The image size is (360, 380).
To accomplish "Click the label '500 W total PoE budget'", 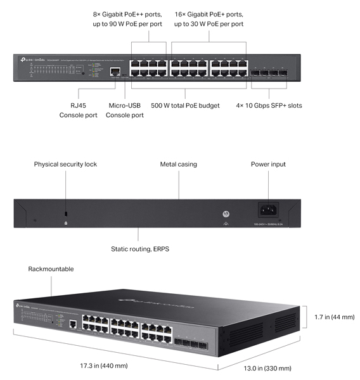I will coord(185,105).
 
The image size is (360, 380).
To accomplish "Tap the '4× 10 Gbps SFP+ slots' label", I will coord(269,105).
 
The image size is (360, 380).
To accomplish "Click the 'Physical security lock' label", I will coord(65,164).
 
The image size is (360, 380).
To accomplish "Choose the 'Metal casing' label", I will coord(178,164).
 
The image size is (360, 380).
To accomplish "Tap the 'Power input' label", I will coord(268,164).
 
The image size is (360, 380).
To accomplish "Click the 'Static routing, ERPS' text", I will coord(139,249).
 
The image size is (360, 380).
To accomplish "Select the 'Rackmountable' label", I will coord(51,269).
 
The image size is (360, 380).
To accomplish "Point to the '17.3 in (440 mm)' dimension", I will coord(104,365).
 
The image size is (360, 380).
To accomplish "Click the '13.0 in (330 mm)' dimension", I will coord(269,368).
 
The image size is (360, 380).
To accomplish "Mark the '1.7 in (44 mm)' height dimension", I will coord(333,317).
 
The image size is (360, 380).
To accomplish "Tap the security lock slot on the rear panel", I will coord(66,214).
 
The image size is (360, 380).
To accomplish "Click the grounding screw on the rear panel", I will coord(225,215).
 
